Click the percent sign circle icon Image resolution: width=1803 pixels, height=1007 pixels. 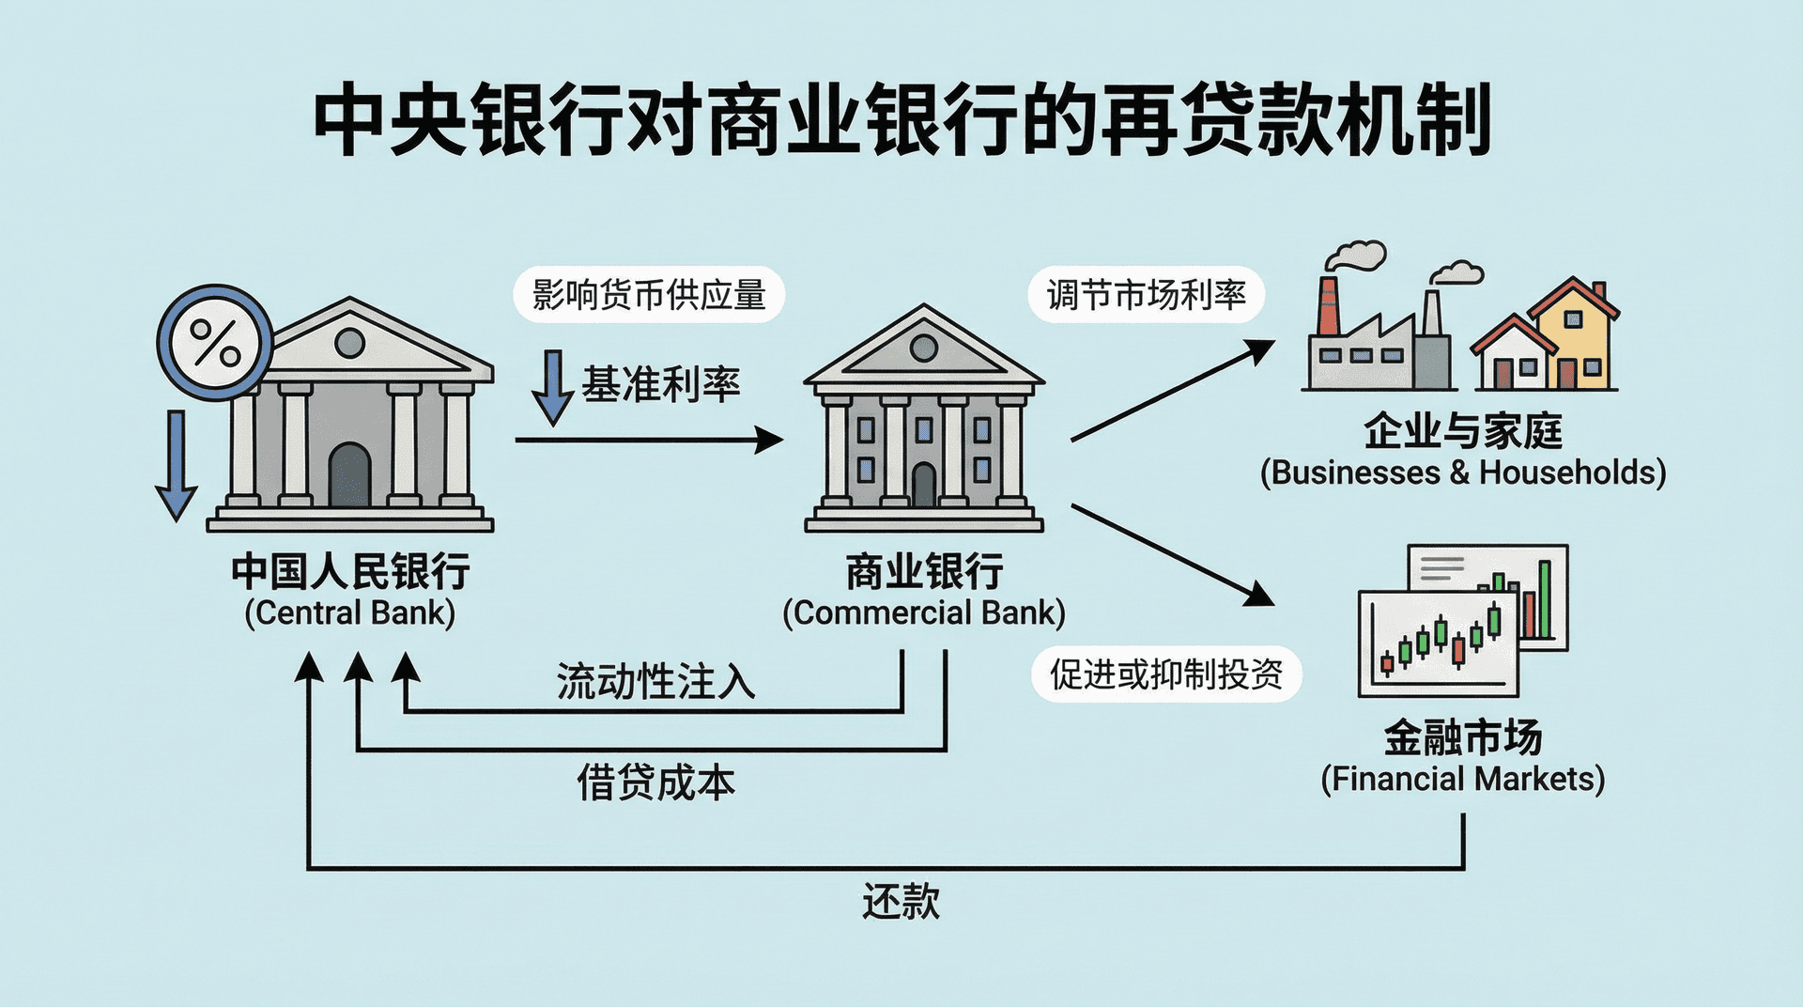pyautogui.click(x=215, y=342)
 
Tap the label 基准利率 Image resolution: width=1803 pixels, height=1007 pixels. pyautogui.click(x=661, y=384)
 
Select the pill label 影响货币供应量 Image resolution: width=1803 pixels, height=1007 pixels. pyautogui.click(x=649, y=295)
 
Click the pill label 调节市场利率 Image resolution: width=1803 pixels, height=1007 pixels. pyautogui.click(x=1146, y=295)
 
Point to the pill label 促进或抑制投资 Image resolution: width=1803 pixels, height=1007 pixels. pyautogui.click(x=1166, y=674)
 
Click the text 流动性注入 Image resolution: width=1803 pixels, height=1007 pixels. pyautogui.click(x=655, y=681)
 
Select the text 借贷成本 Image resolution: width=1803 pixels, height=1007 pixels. pyautogui.click(x=655, y=782)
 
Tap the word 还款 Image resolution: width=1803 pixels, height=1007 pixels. pyautogui.click(x=901, y=901)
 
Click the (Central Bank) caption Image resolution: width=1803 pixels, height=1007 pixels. pyautogui.click(x=349, y=612)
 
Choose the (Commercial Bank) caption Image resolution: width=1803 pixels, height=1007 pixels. pyautogui.click(x=924, y=612)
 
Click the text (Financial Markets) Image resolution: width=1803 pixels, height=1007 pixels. pyautogui.click(x=1462, y=779)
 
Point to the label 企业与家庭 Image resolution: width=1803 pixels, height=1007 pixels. pyautogui.click(x=1462, y=431)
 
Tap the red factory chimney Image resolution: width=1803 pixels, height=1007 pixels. pyautogui.click(x=1327, y=306)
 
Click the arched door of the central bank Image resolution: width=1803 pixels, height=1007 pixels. pyautogui.click(x=349, y=475)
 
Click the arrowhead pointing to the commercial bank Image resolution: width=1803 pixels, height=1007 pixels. pyautogui.click(x=770, y=440)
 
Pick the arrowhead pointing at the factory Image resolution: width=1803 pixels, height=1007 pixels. pyautogui.click(x=1260, y=349)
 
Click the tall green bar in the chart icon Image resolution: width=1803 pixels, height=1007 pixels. pyautogui.click(x=1544, y=599)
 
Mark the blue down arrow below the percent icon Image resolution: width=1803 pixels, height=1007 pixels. pyautogui.click(x=176, y=465)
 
